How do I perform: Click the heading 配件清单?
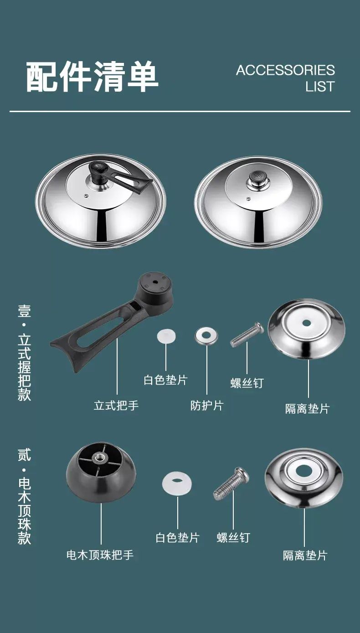(x=92, y=77)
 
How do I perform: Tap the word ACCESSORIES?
(x=285, y=70)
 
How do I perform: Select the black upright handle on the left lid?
(x=118, y=177)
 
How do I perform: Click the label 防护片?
(x=207, y=406)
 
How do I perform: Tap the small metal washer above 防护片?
(x=206, y=335)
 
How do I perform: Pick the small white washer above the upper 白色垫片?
(x=166, y=336)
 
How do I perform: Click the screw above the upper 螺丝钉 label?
(x=247, y=335)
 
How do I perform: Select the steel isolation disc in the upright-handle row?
(x=307, y=329)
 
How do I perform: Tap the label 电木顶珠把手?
(x=100, y=555)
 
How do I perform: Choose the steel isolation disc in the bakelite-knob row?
(x=304, y=478)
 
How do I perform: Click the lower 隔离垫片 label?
(x=305, y=555)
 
